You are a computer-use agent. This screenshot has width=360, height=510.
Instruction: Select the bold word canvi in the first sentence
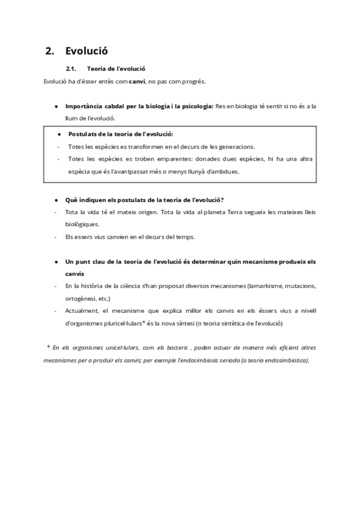[137, 81]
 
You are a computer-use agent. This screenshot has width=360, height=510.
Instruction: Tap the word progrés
[195, 81]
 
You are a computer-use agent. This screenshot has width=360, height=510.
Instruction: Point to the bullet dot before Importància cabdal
[56, 106]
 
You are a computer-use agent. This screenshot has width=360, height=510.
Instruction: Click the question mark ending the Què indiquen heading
[223, 200]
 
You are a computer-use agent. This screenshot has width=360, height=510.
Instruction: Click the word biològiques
[82, 224]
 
